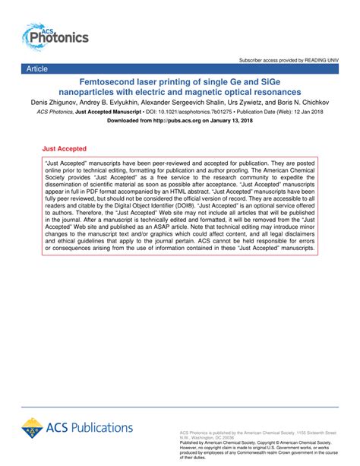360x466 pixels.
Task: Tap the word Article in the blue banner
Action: tap(36, 68)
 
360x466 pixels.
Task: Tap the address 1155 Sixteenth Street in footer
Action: tap(309, 430)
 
